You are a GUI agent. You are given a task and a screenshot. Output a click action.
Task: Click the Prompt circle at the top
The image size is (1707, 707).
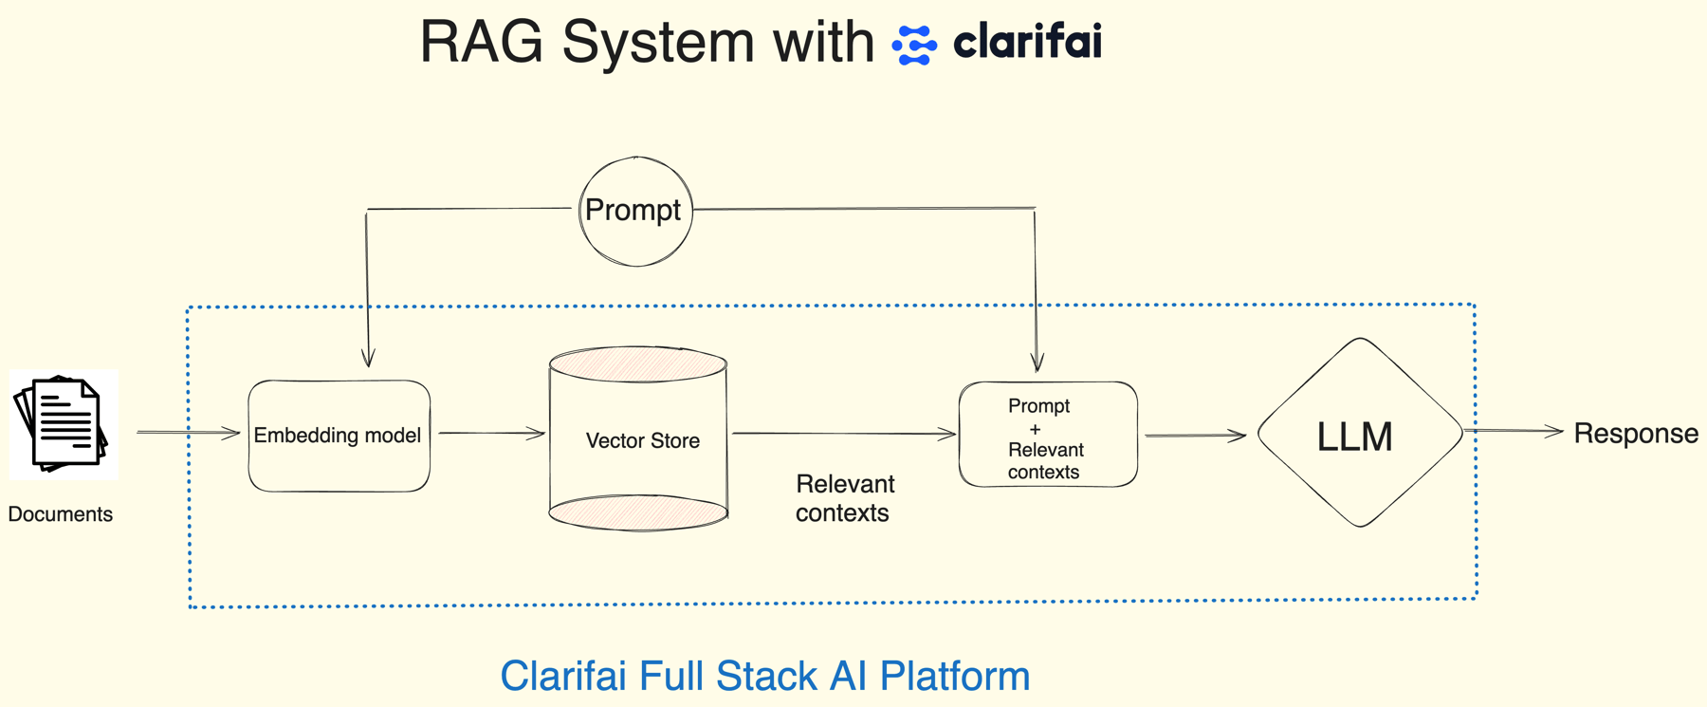635,211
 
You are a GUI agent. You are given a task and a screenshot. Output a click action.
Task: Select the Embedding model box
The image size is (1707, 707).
339,436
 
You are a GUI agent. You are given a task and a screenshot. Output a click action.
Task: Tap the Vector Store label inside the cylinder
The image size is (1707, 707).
642,440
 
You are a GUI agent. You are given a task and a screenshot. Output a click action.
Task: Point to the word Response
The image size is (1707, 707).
1635,433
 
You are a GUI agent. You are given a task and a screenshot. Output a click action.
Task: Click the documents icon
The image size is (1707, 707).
63,424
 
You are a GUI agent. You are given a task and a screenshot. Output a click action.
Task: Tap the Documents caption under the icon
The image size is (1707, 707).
60,513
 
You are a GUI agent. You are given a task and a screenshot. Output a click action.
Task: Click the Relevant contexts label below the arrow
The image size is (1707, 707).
844,498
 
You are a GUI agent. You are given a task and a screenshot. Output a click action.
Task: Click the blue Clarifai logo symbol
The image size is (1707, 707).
914,45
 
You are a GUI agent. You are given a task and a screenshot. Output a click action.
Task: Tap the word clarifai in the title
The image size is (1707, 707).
1027,42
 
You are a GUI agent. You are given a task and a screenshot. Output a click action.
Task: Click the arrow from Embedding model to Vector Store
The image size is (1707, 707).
490,433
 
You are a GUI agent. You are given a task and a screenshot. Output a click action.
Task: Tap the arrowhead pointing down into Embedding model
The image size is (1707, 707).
368,359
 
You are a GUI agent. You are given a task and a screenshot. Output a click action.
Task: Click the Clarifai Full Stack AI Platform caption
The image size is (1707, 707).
764,676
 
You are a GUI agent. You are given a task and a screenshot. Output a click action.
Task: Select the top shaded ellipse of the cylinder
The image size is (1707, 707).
638,364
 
